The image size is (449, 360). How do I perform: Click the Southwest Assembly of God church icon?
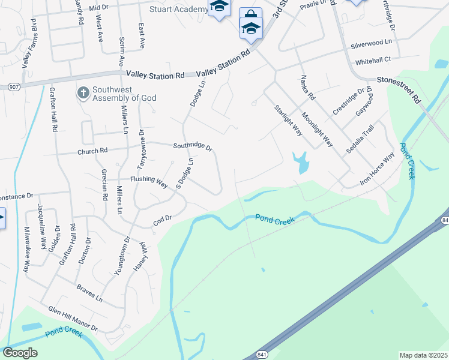click(x=83, y=92)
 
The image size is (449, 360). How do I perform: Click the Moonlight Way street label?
click(x=317, y=130)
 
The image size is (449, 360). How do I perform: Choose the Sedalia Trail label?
click(x=360, y=141)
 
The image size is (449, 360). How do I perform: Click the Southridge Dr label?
click(x=193, y=146)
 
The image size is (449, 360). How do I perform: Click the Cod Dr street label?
click(x=162, y=221)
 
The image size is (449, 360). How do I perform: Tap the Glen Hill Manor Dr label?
click(x=73, y=319)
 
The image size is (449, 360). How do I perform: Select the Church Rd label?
click(x=92, y=151)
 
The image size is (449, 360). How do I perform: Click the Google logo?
click(x=20, y=353)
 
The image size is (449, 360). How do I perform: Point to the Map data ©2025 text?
click(x=423, y=355)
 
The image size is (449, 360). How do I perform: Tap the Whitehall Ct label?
click(x=373, y=60)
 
